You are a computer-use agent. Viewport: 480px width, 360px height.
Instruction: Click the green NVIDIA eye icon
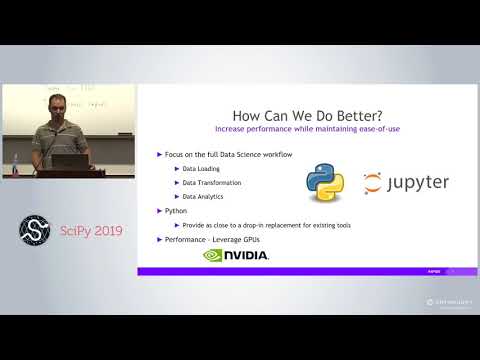click(x=214, y=255)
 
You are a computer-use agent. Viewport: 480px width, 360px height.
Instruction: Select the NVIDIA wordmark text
click(x=247, y=255)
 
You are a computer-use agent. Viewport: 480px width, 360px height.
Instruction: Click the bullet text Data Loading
click(x=203, y=168)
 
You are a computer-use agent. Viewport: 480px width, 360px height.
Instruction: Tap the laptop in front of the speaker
click(x=67, y=159)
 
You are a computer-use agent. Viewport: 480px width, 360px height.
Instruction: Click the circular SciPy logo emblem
click(x=37, y=229)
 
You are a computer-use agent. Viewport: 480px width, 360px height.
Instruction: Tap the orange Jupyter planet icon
click(x=373, y=184)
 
